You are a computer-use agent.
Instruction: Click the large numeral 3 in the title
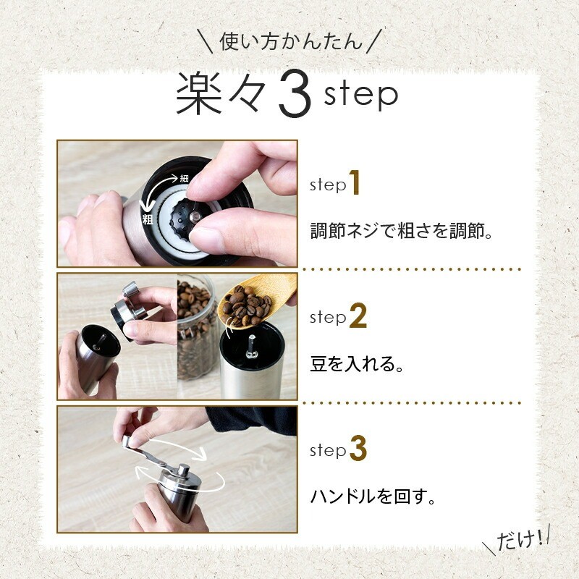[x=295, y=94]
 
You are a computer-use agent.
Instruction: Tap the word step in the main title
[x=360, y=95]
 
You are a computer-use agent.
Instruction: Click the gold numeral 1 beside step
[x=354, y=182]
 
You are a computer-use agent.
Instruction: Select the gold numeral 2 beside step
[x=358, y=316]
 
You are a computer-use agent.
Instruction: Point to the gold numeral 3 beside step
[x=358, y=448]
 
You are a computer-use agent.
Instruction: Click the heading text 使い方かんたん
[x=291, y=41]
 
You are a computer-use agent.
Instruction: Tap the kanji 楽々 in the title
[x=221, y=95]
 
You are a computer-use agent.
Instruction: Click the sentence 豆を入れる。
[x=357, y=364]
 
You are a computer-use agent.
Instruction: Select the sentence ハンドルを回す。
[x=373, y=496]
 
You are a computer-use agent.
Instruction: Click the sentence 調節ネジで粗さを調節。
[x=402, y=231]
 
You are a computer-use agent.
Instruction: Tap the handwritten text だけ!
[x=520, y=540]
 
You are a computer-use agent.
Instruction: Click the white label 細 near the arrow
[x=184, y=178]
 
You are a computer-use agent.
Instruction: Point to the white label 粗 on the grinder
[x=148, y=219]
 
